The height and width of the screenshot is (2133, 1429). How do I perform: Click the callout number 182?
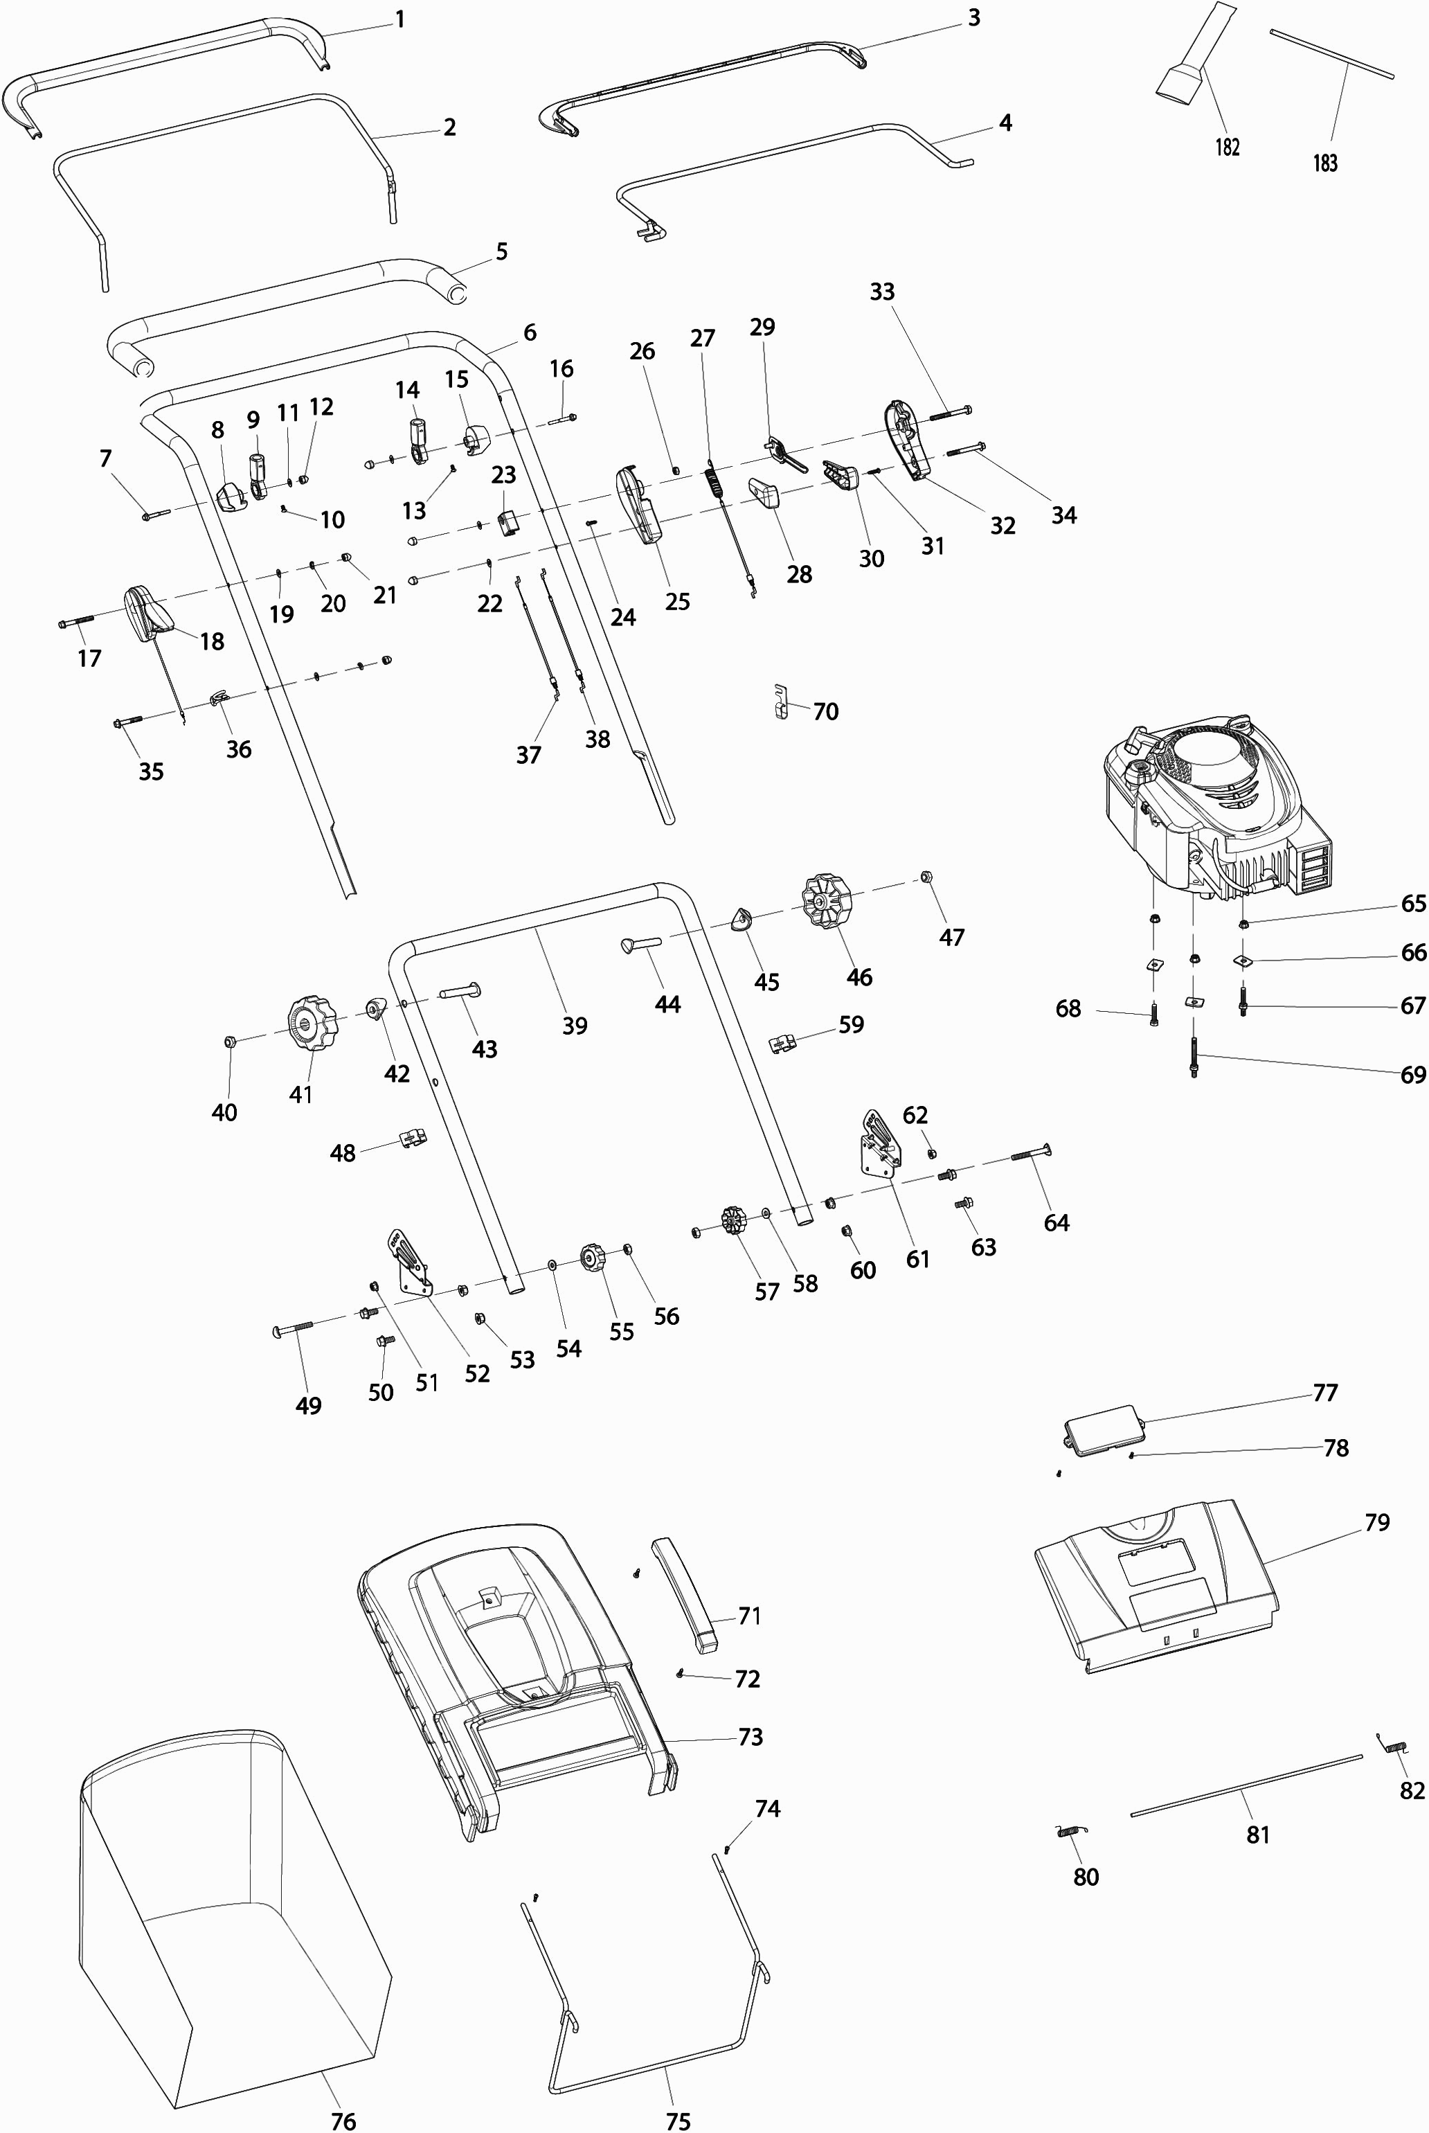(1227, 147)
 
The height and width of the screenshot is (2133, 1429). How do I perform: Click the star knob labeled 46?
(826, 900)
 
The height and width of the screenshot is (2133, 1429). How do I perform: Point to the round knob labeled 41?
(312, 1024)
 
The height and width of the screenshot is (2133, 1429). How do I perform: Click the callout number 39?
(574, 1026)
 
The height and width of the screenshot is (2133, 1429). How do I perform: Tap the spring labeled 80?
(1072, 1831)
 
